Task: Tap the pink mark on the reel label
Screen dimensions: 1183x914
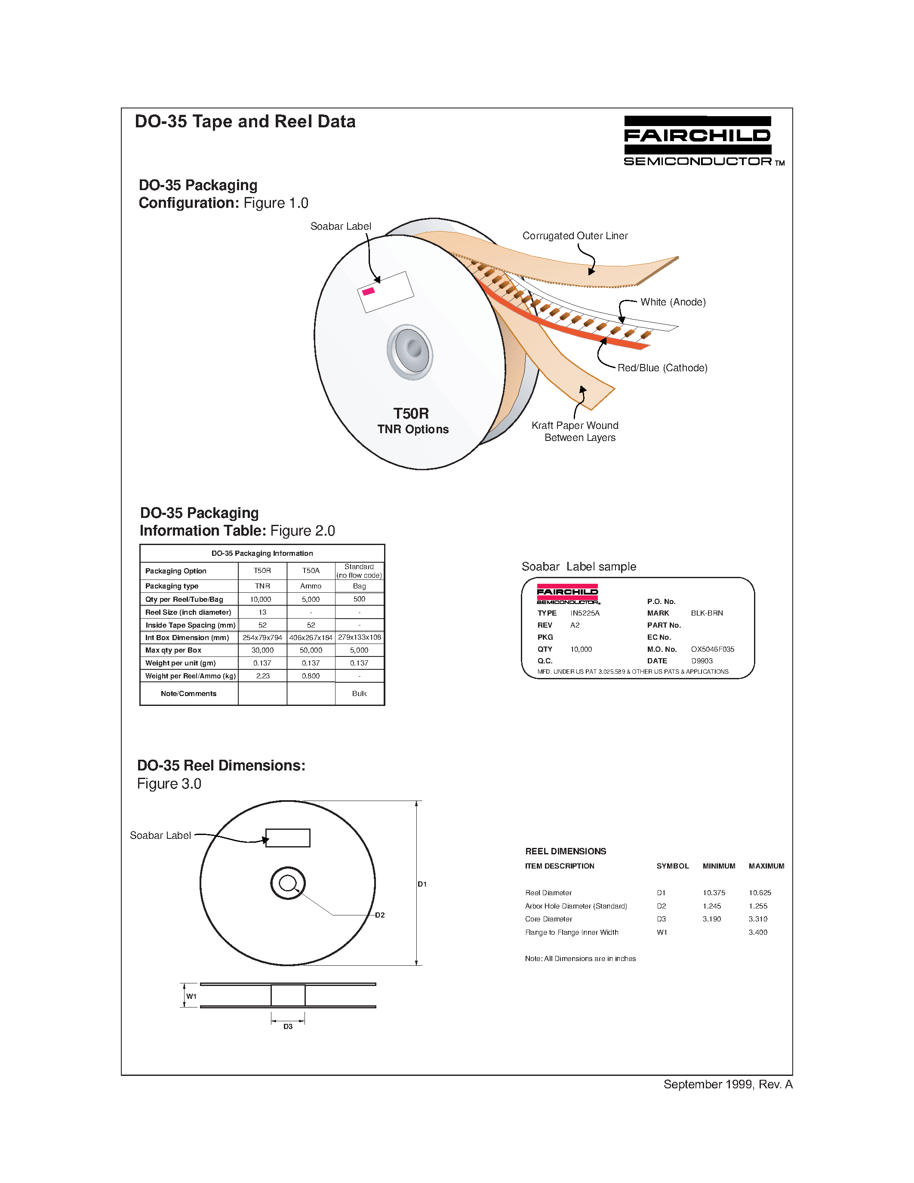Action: click(x=368, y=291)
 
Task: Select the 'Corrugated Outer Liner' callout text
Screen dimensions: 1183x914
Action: click(x=575, y=236)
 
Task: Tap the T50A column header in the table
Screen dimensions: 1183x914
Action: click(x=311, y=570)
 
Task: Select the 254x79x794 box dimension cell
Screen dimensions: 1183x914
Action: click(x=262, y=638)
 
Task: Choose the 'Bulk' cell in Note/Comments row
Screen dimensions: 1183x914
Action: click(x=359, y=693)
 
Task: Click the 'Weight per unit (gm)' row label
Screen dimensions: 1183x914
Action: click(x=180, y=663)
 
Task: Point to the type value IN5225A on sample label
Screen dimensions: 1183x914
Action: click(x=585, y=613)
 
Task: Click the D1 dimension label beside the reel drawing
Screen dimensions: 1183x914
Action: click(x=422, y=884)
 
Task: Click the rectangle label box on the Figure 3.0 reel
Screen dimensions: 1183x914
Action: click(x=287, y=838)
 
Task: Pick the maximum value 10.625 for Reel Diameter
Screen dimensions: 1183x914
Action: click(x=760, y=893)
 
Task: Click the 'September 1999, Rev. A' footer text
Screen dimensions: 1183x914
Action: click(x=727, y=1084)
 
